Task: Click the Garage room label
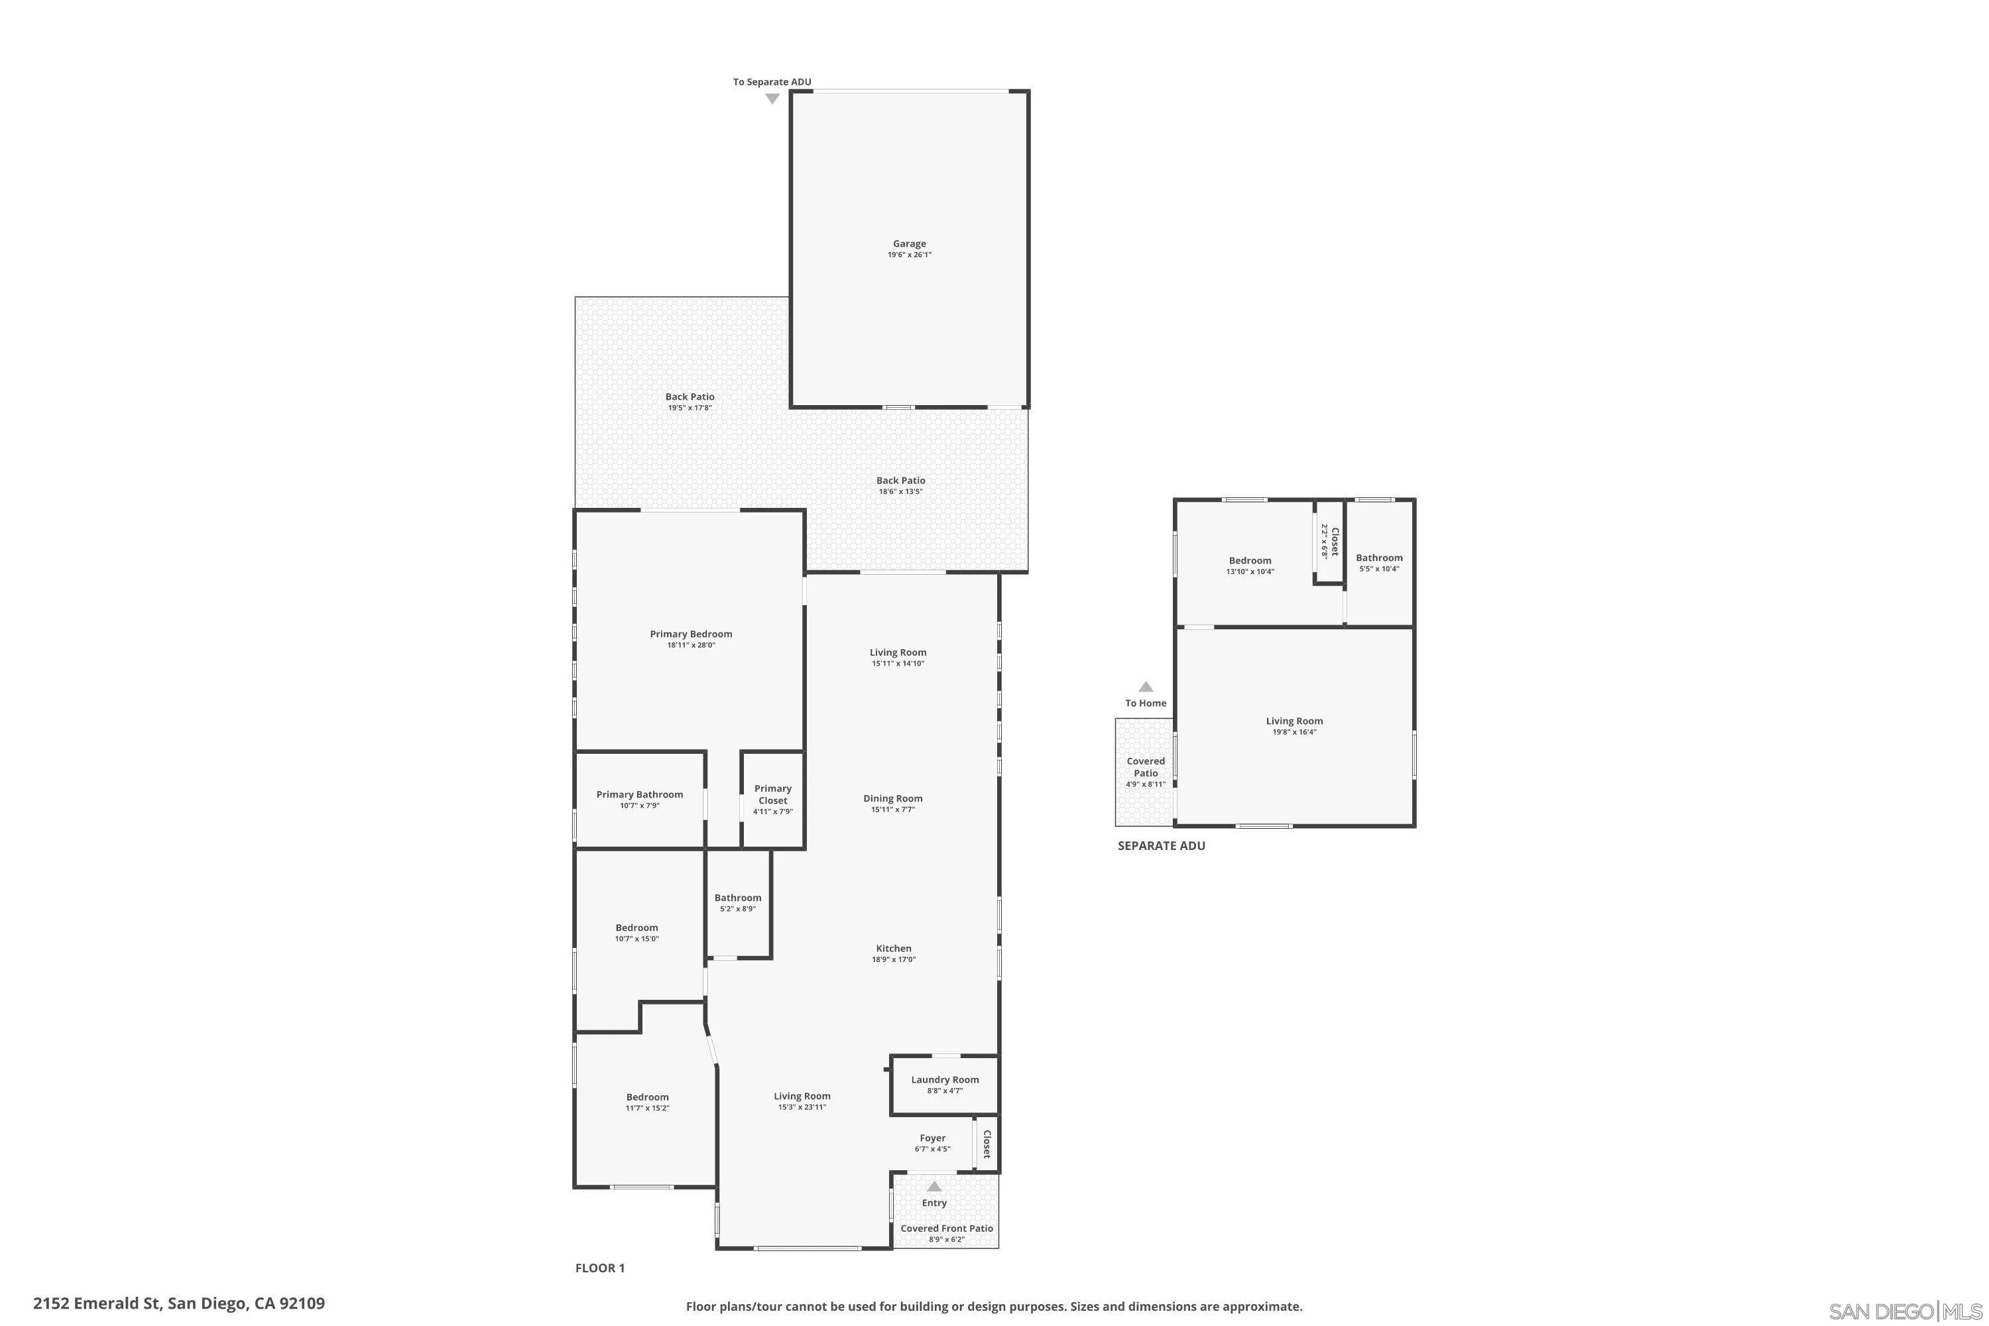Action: [x=909, y=243]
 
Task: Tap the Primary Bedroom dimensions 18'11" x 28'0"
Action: [x=691, y=645]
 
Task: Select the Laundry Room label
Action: [x=945, y=1080]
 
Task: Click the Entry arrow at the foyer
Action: [x=934, y=1187]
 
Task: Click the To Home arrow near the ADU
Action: [x=1145, y=687]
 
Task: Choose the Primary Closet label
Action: [x=773, y=794]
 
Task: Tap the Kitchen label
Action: [x=894, y=949]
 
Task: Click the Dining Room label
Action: [x=893, y=798]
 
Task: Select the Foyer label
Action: [x=933, y=1138]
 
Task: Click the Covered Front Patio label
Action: [x=946, y=1229]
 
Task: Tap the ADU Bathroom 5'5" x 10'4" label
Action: [x=1379, y=563]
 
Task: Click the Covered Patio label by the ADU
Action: [x=1145, y=767]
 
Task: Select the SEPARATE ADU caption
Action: [x=1161, y=846]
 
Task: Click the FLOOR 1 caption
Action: [x=599, y=1268]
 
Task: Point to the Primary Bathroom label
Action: [x=639, y=795]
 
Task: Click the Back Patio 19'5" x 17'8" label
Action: [x=690, y=402]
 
